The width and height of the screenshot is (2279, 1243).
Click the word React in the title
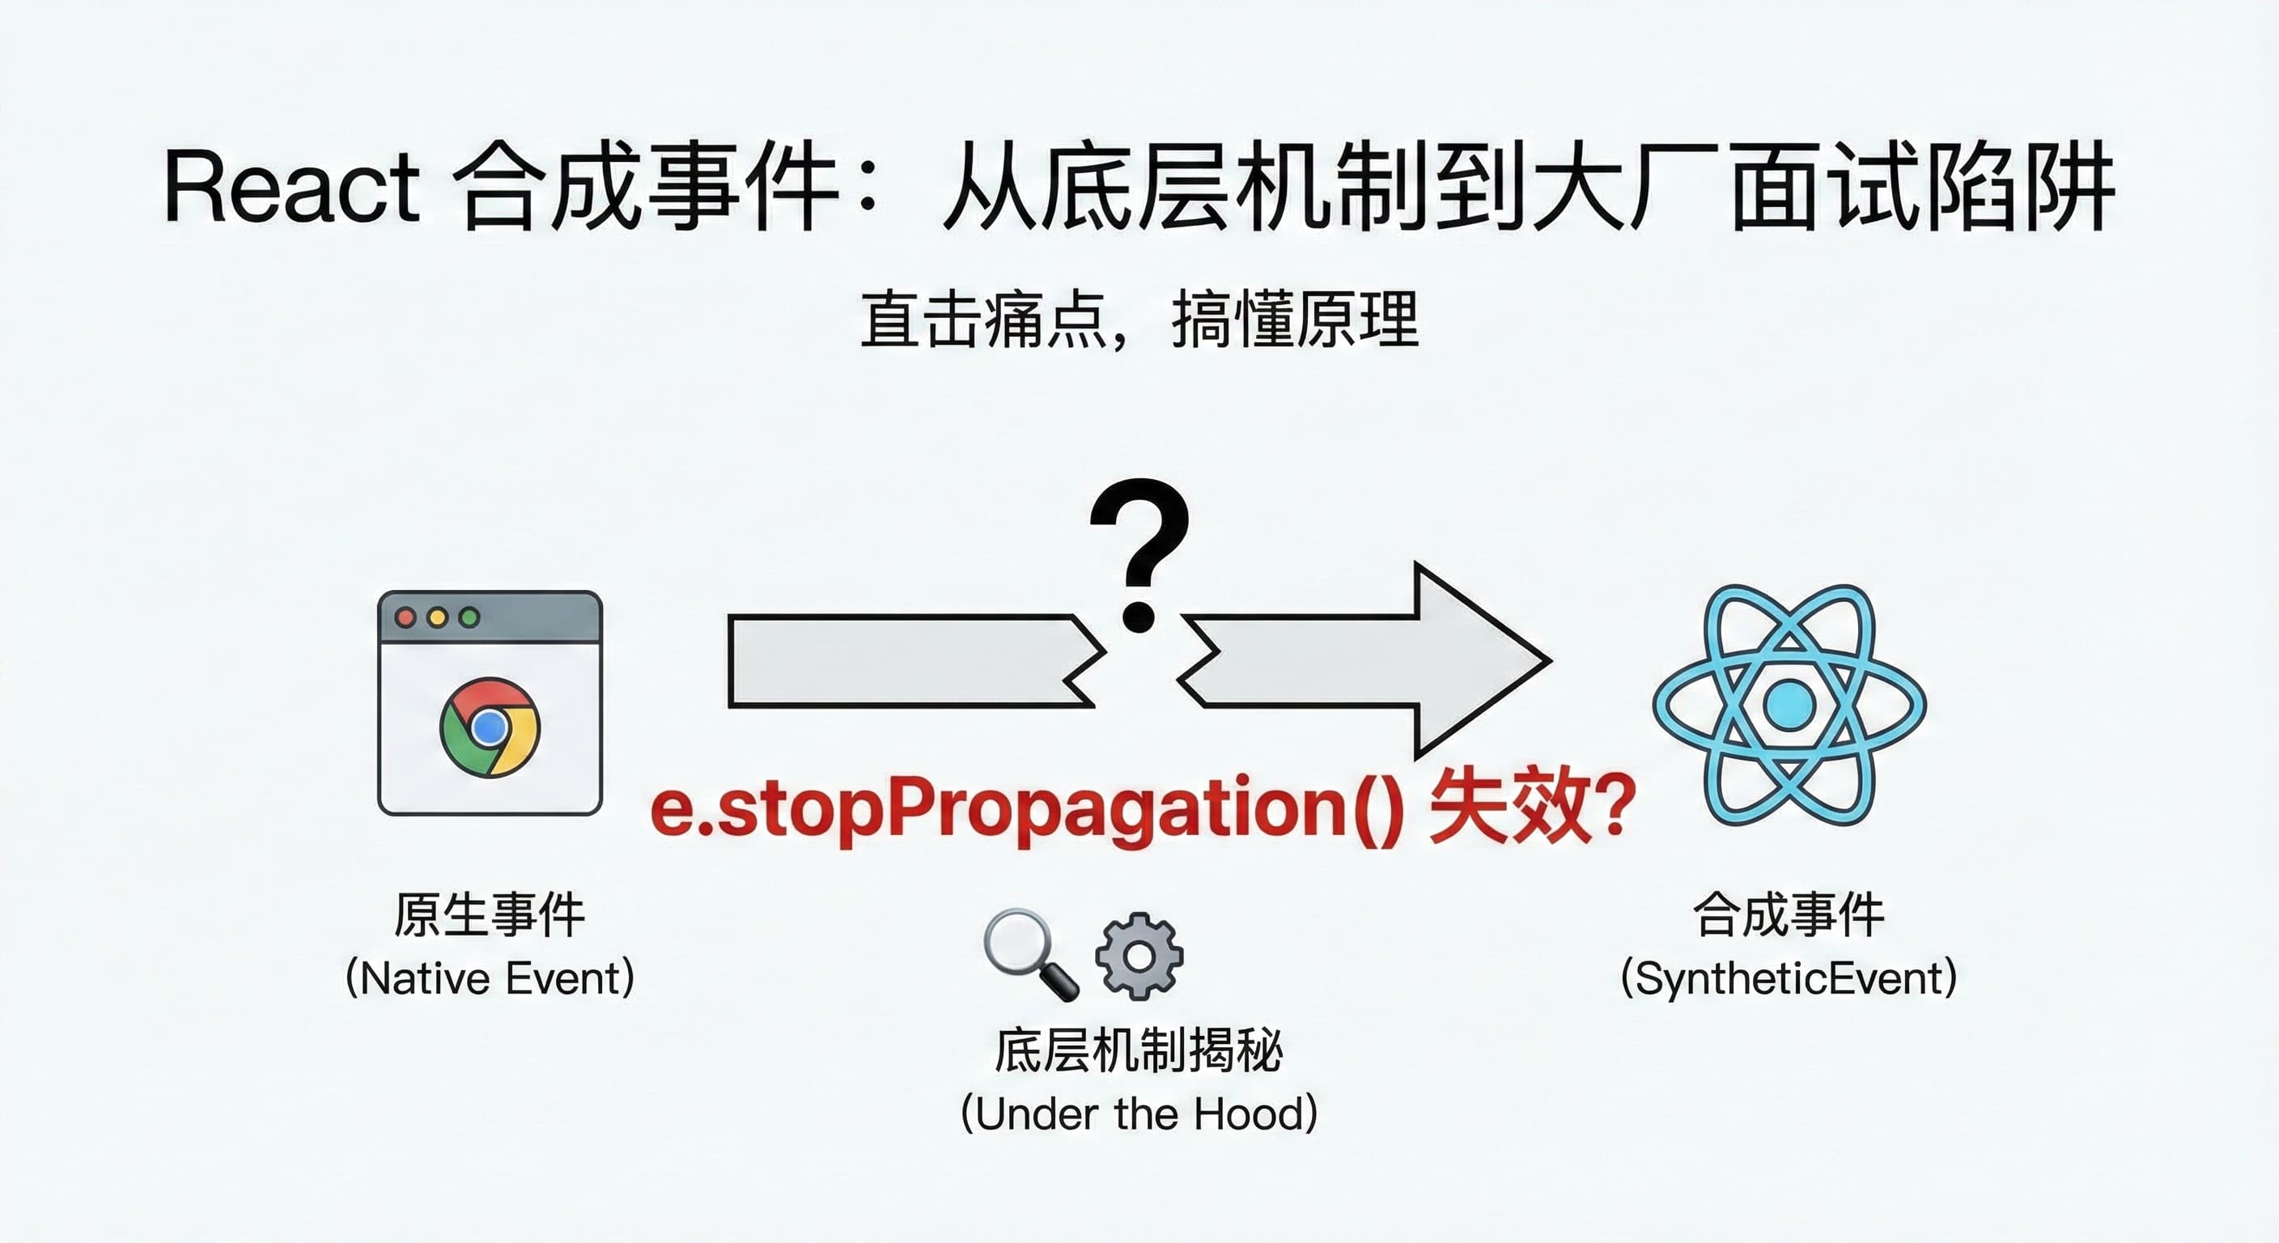point(291,187)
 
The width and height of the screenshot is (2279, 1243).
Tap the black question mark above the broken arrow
point(1139,553)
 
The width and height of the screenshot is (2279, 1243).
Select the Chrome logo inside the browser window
point(490,728)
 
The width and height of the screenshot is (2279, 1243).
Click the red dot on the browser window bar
point(406,617)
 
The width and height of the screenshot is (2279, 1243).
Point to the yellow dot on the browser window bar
point(437,617)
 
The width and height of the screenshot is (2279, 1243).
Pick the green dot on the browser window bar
point(469,617)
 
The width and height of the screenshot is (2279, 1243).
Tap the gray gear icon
point(1139,956)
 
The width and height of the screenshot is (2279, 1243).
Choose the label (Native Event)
point(490,978)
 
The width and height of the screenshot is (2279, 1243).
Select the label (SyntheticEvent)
point(1788,978)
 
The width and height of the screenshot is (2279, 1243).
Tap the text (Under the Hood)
point(1139,1114)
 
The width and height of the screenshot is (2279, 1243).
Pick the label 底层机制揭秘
point(1139,1050)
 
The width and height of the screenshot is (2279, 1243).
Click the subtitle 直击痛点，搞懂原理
point(1139,320)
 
